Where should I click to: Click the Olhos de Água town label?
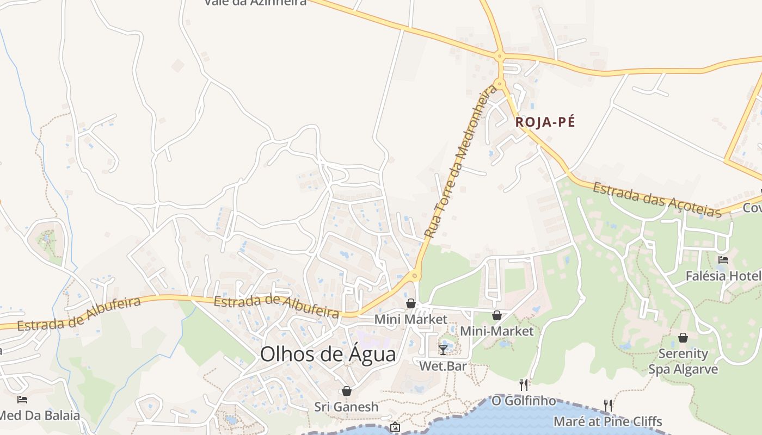[328, 354]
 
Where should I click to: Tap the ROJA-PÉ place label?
[545, 122]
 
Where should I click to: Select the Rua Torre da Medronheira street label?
[460, 161]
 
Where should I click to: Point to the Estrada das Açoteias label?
[657, 200]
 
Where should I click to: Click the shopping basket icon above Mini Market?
[411, 303]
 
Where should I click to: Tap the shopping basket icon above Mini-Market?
[496, 315]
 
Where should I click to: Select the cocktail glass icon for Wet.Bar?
[443, 350]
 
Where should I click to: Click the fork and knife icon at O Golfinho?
[524, 385]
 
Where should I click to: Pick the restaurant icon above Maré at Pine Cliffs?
[608, 405]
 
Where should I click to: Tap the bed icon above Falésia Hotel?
[723, 260]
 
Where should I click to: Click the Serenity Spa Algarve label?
[683, 362]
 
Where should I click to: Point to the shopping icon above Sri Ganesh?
[346, 391]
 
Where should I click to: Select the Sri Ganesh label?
[346, 407]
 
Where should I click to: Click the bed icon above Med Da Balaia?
[22, 400]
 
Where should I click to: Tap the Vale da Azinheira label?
[256, 2]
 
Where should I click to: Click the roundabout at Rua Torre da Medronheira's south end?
[415, 276]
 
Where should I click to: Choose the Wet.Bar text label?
[443, 366]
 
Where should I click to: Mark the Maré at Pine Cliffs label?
[607, 421]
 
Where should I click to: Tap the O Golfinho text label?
[524, 401]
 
